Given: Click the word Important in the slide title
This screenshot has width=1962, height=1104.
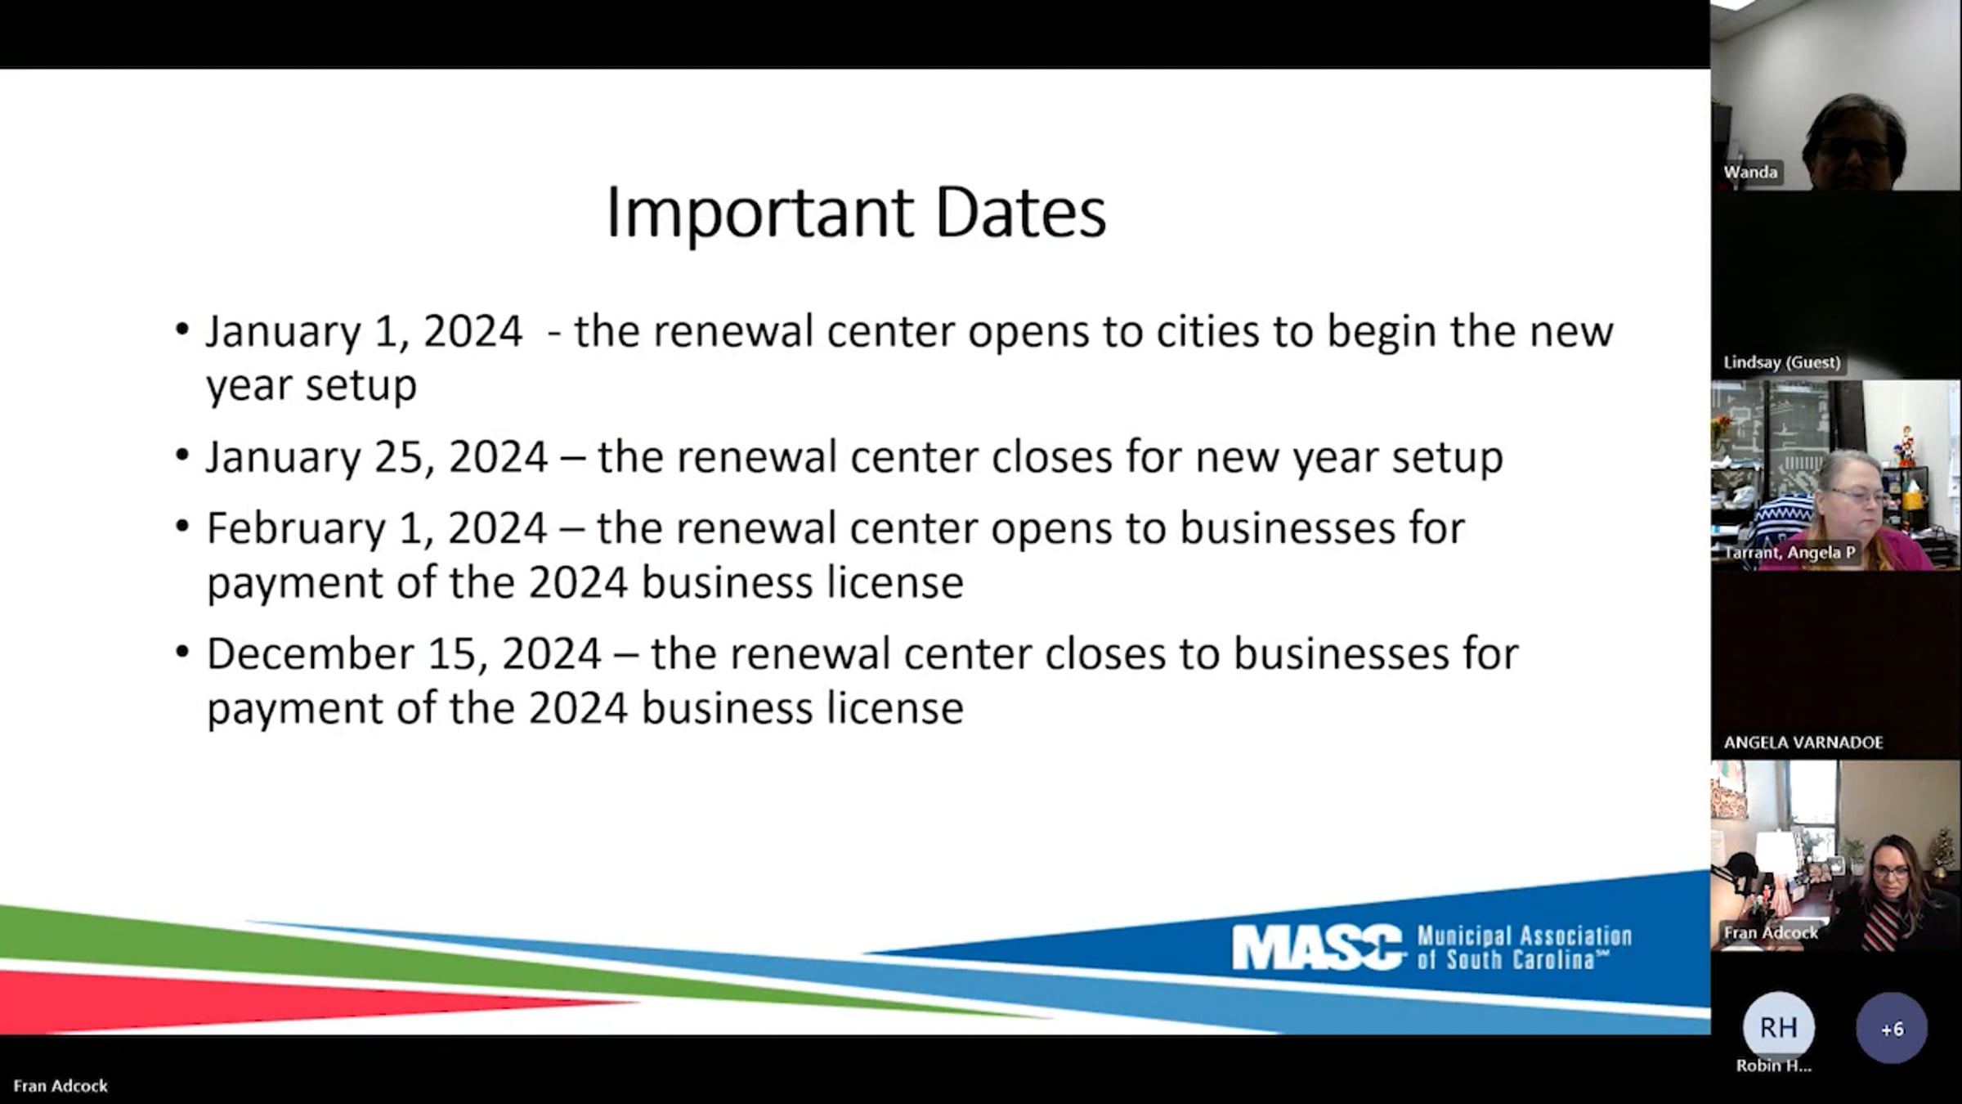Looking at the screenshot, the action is coord(759,213).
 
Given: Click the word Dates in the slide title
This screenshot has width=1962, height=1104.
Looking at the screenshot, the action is coord(1020,213).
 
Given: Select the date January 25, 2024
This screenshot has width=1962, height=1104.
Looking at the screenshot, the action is coord(376,457).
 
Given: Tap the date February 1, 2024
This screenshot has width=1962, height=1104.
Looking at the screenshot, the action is coord(376,528).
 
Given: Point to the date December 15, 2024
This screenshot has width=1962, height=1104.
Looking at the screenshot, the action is coord(404,654).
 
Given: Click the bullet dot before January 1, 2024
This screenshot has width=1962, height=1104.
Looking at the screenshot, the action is coord(182,330).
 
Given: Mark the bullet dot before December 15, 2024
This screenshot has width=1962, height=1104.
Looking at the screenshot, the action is coord(182,653).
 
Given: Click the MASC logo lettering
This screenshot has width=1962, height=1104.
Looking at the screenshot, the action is coord(1318,947).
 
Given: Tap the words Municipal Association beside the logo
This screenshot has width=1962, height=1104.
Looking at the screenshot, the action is coord(1524,936).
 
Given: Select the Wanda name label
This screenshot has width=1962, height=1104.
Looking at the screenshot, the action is coord(1750,173).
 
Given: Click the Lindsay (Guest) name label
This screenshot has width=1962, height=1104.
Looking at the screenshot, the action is coord(1781,362).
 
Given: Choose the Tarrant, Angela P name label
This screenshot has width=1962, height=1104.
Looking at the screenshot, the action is coord(1789,553).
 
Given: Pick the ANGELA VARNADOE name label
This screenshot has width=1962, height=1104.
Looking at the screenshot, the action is coord(1803,743).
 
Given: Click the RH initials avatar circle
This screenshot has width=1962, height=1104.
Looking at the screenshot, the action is coord(1778,1027).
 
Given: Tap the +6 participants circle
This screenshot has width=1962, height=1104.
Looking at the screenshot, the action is coord(1892,1028).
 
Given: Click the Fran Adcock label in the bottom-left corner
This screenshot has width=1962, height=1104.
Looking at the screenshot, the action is coord(60,1086).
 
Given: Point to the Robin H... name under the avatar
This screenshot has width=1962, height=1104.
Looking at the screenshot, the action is coord(1773,1066).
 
